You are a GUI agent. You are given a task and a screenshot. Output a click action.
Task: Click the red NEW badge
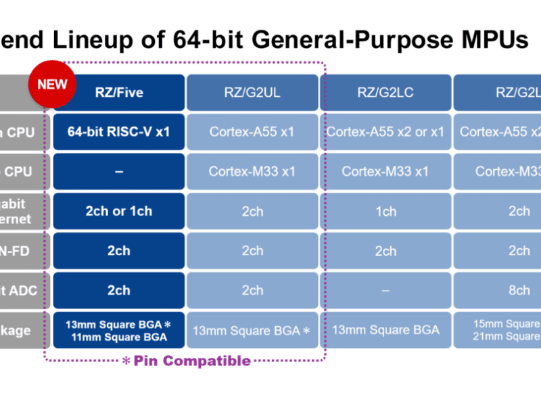click(x=52, y=85)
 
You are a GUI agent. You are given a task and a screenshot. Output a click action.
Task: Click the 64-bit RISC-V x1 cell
click(x=119, y=132)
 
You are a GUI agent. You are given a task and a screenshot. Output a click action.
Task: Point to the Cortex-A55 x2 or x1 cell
click(x=385, y=132)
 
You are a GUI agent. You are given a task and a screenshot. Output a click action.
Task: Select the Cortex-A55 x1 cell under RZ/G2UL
click(x=252, y=132)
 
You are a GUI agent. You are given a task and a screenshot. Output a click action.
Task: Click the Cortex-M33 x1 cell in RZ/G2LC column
click(x=385, y=171)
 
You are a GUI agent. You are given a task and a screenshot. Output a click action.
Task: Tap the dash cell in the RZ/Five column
click(x=119, y=171)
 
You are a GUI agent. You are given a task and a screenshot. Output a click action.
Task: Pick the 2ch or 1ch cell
click(x=119, y=211)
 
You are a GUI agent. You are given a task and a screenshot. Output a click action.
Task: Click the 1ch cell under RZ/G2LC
click(x=385, y=211)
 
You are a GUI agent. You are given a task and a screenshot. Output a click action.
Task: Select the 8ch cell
click(x=519, y=290)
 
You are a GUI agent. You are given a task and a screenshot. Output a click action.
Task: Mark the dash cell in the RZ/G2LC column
click(x=385, y=290)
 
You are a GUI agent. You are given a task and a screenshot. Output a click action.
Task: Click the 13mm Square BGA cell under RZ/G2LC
click(x=385, y=330)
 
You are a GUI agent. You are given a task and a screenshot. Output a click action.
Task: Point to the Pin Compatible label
click(x=191, y=361)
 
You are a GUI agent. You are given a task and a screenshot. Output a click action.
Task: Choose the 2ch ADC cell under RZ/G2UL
click(x=252, y=290)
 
